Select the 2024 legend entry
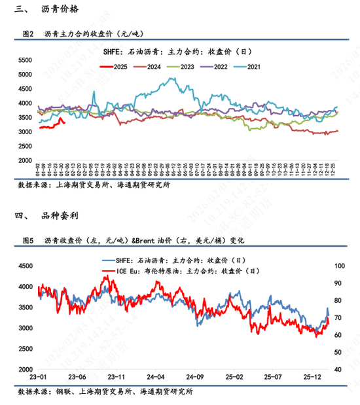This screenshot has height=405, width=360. coord(147,67)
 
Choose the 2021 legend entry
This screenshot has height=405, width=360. coord(251,67)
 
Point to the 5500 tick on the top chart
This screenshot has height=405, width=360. coord(24,60)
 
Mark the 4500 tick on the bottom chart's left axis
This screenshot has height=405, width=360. coord(23,266)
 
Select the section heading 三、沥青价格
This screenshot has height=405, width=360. coord(48,10)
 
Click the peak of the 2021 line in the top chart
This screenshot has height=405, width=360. coord(172,79)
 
